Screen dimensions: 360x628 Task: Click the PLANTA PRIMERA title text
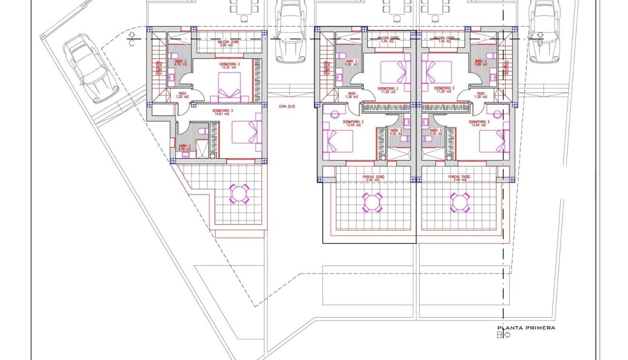(x=526, y=328)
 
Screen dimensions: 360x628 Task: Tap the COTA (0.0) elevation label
(x=287, y=107)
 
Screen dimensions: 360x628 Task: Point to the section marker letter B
(x=500, y=335)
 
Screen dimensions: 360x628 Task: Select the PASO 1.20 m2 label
(x=182, y=95)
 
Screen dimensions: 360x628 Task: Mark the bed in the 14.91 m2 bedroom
(x=247, y=132)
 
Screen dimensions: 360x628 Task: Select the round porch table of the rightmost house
(x=460, y=202)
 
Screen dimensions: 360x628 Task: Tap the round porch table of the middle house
(x=372, y=202)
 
